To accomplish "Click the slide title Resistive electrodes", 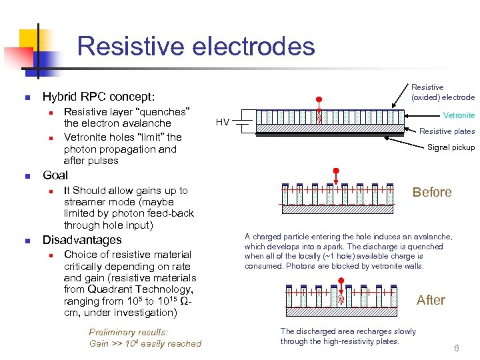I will click(195, 46).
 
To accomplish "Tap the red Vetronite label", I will click(459, 115).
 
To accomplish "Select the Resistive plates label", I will click(446, 131).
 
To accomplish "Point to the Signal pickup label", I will click(451, 147).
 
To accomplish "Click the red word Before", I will click(431, 192).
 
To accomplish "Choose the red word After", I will click(431, 300).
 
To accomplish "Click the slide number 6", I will click(457, 348).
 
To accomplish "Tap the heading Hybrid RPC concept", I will click(98, 97).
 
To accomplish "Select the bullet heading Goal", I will click(55, 175).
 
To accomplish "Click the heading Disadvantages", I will click(82, 240).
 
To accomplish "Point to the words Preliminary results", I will click(129, 332).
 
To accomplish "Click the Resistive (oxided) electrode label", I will click(442, 92).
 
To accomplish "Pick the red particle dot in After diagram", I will click(341, 281).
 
